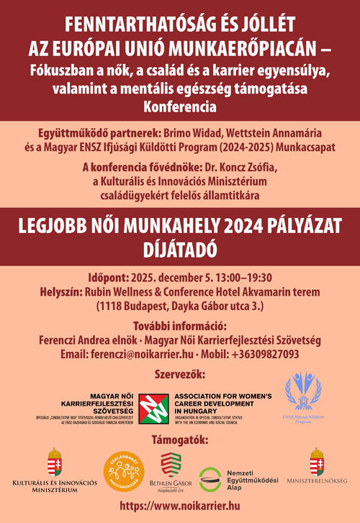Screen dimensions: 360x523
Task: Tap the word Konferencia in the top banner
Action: (179, 107)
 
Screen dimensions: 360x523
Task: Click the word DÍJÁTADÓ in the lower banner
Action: (180, 248)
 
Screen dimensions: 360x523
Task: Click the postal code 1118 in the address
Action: (112, 306)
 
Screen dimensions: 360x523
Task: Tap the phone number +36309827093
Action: (265, 354)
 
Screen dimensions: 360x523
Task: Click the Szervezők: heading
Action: (180, 374)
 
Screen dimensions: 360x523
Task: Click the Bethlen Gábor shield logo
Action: (170, 462)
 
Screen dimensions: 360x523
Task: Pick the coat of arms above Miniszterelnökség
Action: (316, 460)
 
